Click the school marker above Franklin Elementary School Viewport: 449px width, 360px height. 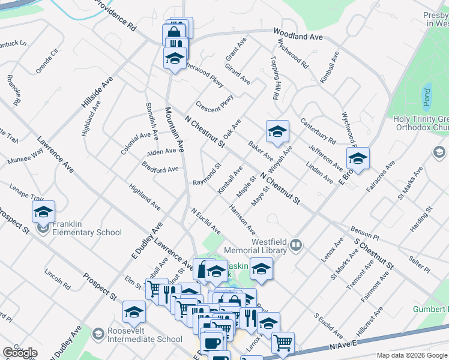[x=44, y=212]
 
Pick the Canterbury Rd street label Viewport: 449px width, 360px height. [x=318, y=131]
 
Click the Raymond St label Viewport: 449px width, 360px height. [x=206, y=178]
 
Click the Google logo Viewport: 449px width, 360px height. [x=19, y=353]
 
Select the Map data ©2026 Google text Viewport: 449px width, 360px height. [x=412, y=355]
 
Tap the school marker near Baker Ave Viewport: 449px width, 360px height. [x=277, y=133]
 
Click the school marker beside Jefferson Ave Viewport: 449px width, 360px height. [x=358, y=160]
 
